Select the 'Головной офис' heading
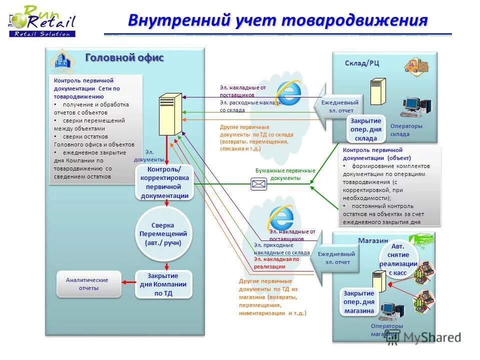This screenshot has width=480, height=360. coord(124,57)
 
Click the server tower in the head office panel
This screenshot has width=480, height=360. coord(170,114)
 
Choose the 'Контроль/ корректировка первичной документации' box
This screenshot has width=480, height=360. coord(164,182)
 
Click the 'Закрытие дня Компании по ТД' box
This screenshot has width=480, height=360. coord(163,284)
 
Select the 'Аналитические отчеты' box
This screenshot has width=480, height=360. coord(89,284)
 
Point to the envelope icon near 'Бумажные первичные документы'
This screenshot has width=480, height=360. coord(259,184)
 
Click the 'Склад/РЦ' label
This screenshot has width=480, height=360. coord(362,63)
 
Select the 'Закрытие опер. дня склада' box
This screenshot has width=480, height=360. coord(365,129)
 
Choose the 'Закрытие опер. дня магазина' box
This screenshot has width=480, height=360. coord(358,302)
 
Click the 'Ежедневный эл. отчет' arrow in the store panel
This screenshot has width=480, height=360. coord(338,258)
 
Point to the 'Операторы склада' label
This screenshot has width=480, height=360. coord(406,130)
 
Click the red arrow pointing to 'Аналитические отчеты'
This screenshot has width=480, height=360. coord(129,283)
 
